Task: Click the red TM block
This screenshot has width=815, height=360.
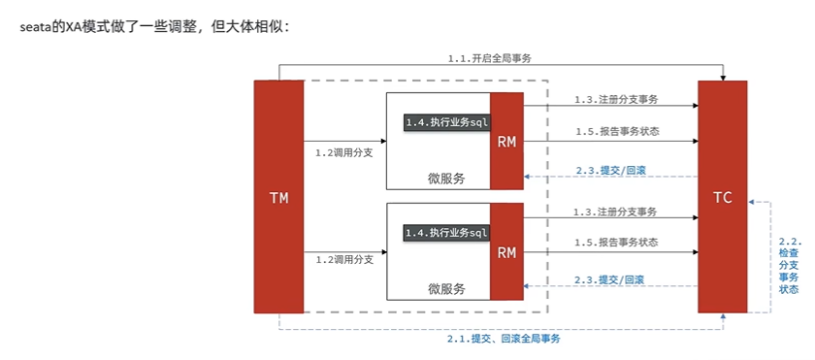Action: point(278,197)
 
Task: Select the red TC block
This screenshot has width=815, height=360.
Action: point(722,197)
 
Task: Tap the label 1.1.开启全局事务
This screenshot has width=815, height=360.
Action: point(489,58)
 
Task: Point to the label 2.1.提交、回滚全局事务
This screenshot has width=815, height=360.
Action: point(504,339)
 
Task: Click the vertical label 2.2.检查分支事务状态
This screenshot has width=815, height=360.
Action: point(789,264)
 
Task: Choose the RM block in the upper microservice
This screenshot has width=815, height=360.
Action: point(506,142)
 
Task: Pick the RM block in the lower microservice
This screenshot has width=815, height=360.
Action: point(506,252)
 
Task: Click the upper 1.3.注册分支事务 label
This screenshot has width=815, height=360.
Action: point(615,100)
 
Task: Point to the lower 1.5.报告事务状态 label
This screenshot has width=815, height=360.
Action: point(615,242)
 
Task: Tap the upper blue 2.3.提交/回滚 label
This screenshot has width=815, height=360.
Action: point(609,170)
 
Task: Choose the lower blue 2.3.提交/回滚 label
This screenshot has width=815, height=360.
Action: point(609,279)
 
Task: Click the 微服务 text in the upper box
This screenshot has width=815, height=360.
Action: point(446,178)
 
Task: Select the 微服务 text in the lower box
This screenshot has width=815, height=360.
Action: point(446,288)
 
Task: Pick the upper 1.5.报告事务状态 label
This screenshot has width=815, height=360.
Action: point(615,132)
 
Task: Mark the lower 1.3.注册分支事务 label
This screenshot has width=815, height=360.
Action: point(615,212)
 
